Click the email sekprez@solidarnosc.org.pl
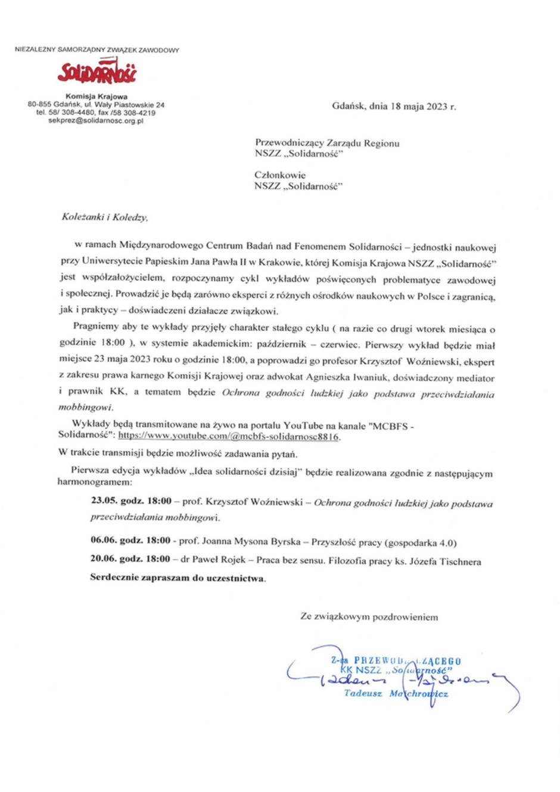[x=96, y=120]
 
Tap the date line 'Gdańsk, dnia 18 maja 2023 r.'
[x=394, y=107]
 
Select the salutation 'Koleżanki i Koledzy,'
[x=105, y=217]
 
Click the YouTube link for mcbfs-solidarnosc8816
[x=229, y=436]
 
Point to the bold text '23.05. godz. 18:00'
[x=131, y=501]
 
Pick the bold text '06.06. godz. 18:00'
[x=130, y=541]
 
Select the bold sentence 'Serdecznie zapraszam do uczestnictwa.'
[x=178, y=578]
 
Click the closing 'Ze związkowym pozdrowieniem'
[x=369, y=617]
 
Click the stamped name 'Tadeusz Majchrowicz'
[x=396, y=694]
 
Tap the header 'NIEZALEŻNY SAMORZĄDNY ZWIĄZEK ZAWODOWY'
[x=97, y=50]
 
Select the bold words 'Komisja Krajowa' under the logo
[x=97, y=96]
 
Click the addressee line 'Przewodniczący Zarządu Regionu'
[x=327, y=143]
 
